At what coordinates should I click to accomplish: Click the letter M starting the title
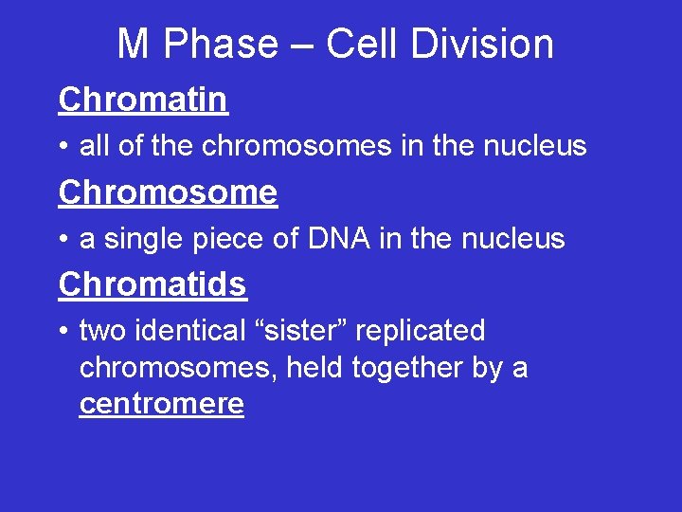coord(133,45)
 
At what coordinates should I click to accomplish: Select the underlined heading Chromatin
coord(143,99)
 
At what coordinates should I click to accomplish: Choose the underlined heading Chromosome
coord(168,192)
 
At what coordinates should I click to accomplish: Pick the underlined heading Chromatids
coord(152,283)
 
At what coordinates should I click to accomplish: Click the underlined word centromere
coord(162,404)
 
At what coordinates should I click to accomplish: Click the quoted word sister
coord(305,331)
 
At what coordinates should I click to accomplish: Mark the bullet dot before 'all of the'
coord(63,147)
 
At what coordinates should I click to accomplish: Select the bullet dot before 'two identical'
coord(63,332)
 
